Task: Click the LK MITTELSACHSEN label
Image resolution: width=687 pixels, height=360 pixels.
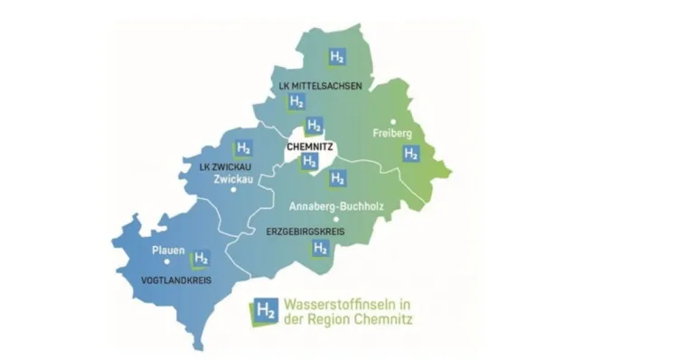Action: coord(320,86)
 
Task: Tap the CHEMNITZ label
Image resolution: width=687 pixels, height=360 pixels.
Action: coord(310,145)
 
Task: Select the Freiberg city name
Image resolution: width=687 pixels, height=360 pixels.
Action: coord(392,134)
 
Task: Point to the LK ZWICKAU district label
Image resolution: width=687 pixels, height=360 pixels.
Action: coord(225,166)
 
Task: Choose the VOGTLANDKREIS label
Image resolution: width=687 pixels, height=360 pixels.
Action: coord(176,280)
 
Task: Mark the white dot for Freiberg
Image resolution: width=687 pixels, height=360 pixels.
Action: coord(393,120)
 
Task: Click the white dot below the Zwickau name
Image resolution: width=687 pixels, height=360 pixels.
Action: coord(233,190)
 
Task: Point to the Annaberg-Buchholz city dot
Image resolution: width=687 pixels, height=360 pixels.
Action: coord(335,218)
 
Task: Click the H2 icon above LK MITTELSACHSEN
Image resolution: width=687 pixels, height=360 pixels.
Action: coord(337,57)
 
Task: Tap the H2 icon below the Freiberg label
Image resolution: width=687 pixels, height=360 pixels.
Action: coord(410,154)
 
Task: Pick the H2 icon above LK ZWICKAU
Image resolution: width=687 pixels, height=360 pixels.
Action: coord(243,148)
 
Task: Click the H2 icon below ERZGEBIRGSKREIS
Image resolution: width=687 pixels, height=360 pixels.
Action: coord(319,248)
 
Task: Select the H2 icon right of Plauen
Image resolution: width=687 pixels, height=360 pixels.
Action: coord(201,259)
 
